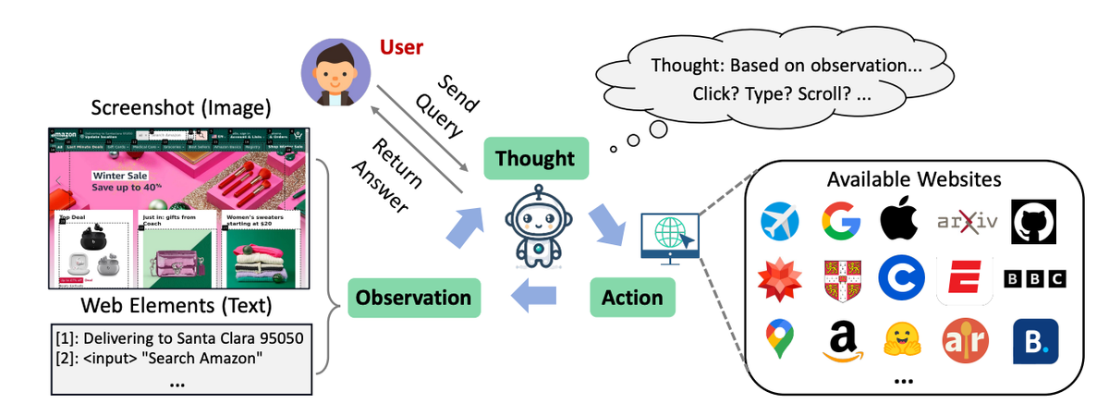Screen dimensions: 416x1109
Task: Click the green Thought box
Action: click(535, 158)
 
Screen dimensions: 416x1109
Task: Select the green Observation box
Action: click(413, 298)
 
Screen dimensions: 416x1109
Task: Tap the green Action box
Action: click(632, 298)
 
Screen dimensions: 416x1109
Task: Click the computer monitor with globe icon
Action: click(669, 236)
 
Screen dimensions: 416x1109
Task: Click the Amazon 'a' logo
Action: click(842, 341)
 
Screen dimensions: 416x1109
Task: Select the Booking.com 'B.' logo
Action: click(1034, 341)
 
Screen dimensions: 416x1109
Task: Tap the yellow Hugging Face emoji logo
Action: click(902, 341)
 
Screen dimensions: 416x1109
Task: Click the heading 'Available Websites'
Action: click(913, 178)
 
